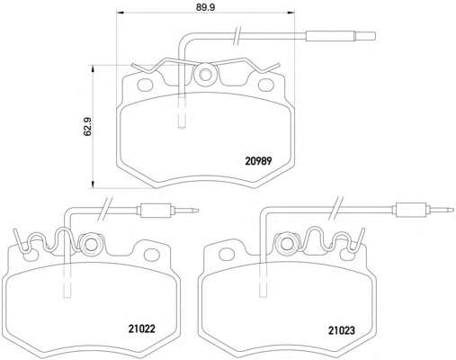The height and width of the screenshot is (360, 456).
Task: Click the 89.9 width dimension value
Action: pos(206,7)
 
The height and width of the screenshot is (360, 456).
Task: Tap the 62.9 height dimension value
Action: pos(88,127)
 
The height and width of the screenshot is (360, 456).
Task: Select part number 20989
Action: pos(258,161)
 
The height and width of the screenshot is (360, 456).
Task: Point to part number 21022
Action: pos(142,328)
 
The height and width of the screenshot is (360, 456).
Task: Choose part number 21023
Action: pos(342,330)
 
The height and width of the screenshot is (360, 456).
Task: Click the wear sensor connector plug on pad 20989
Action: pos(340,36)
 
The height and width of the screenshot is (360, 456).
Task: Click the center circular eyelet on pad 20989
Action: pos(205,75)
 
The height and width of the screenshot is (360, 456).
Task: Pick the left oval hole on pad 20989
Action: pos(145,85)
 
